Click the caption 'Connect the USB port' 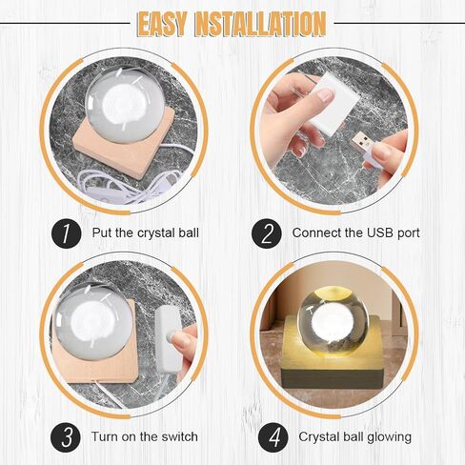coord(355,232)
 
